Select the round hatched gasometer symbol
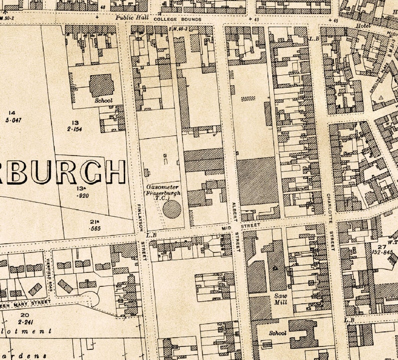tap(171, 208)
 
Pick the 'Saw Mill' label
tap(280, 299)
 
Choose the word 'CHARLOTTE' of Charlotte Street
tap(329, 208)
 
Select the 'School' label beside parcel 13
tap(103, 100)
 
